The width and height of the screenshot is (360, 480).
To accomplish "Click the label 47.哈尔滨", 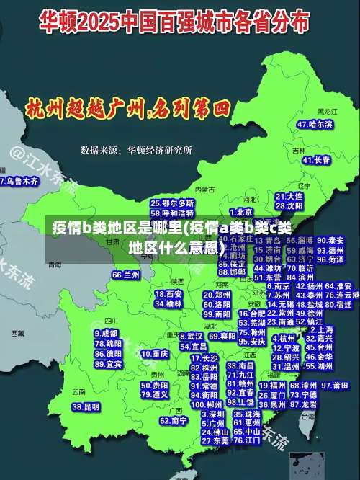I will point(316,125).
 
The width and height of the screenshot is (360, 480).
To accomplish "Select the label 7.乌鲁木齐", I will point(19,182).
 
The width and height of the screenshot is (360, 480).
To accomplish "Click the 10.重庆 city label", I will point(156,355).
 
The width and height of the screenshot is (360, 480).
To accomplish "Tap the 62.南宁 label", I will point(174,420).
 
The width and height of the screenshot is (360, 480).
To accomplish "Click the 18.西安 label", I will point(168,294).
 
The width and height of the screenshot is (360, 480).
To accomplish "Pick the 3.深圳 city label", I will point(213,414).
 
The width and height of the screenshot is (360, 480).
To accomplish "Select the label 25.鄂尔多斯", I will point(172,204).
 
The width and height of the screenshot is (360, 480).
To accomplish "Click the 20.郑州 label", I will point(216,295).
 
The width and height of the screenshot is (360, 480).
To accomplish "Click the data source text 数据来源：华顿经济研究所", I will point(136,151).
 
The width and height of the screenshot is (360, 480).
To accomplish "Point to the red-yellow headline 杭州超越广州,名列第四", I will point(127,110).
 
